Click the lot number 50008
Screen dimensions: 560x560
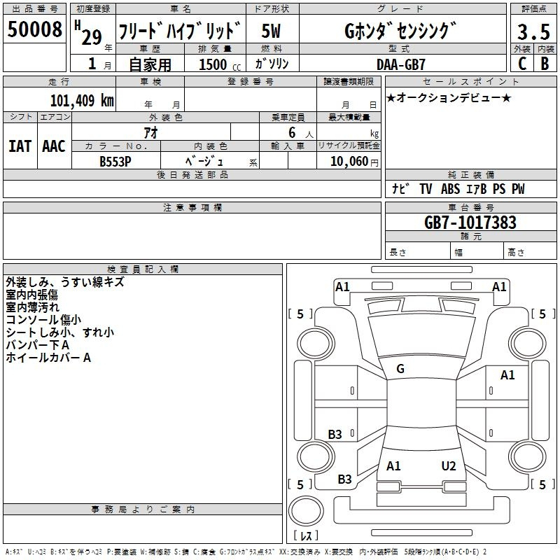(x=34, y=29)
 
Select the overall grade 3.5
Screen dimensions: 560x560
(x=533, y=32)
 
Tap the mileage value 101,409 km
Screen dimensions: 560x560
(x=82, y=101)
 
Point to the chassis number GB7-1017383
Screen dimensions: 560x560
(x=470, y=223)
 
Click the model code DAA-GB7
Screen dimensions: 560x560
(x=400, y=64)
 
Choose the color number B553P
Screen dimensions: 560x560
(x=115, y=162)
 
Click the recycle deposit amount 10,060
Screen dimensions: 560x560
(x=349, y=162)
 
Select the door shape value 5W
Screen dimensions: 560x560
(x=271, y=31)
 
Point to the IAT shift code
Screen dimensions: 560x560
(x=20, y=146)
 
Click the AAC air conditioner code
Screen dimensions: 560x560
(x=54, y=146)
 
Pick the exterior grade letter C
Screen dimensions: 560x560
(x=522, y=64)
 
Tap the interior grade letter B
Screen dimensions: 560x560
(x=545, y=64)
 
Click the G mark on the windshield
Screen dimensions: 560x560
(x=400, y=369)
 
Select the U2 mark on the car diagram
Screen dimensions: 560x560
(x=449, y=466)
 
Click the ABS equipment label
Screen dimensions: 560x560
(x=450, y=189)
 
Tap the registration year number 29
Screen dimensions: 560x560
(x=92, y=37)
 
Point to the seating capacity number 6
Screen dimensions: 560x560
(x=292, y=133)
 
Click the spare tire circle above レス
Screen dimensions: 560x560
(x=306, y=511)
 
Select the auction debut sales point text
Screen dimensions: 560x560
(x=449, y=98)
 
